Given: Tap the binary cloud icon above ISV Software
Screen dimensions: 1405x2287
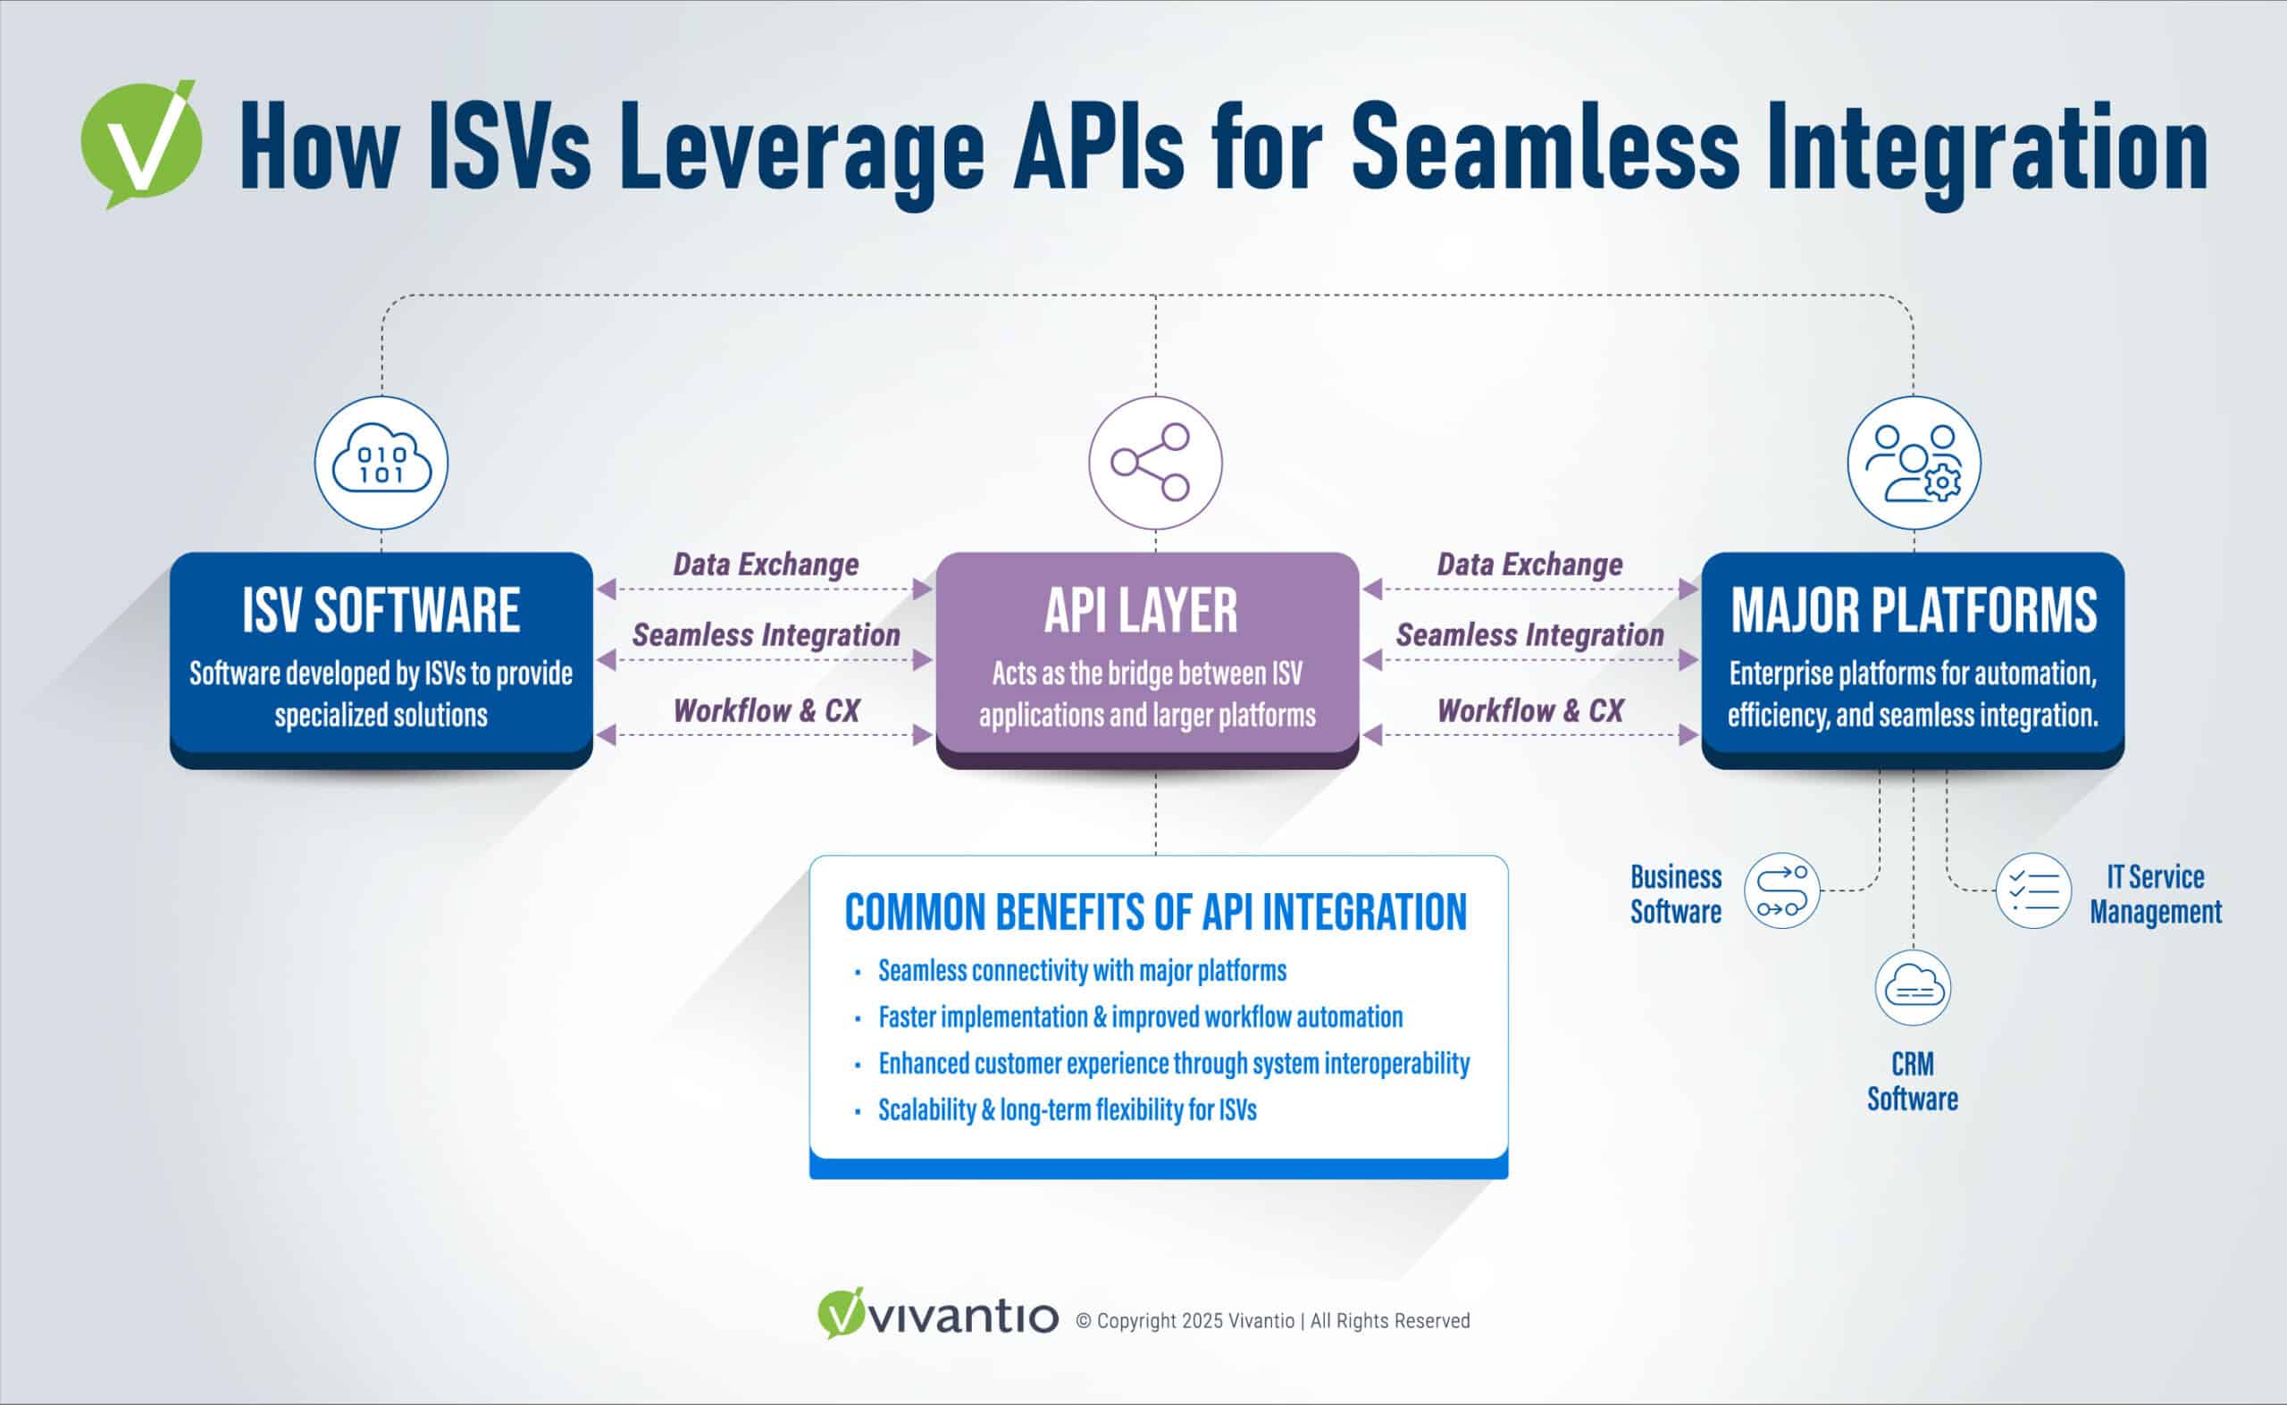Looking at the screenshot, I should (381, 463).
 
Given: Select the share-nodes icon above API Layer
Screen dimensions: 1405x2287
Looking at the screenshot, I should (1155, 463).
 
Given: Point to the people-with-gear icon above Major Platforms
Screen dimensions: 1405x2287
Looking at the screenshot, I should (1914, 463).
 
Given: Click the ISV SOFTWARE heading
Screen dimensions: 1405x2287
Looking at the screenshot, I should (381, 611).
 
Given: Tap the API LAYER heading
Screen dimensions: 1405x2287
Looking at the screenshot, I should (1141, 611).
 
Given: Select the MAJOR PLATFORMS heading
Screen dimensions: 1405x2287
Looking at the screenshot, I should (1914, 611).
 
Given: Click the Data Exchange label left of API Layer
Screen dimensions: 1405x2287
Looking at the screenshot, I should (766, 564).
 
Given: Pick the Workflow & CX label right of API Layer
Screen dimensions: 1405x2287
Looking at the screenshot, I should (1529, 711).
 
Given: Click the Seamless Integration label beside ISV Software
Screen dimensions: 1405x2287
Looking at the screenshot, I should (766, 636).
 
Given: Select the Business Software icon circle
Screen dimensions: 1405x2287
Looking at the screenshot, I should (1781, 891).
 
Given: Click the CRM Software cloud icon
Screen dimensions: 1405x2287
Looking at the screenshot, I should (1913, 988).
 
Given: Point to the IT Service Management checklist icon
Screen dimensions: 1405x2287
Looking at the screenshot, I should (2033, 891).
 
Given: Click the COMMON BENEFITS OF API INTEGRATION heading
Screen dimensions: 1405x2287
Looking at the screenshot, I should (1155, 913).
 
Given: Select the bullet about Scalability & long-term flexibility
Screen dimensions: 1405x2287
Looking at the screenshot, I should (1067, 1110).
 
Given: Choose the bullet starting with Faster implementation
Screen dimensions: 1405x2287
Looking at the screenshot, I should (1140, 1017).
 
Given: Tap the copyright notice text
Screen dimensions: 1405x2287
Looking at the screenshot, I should (1273, 1321).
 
